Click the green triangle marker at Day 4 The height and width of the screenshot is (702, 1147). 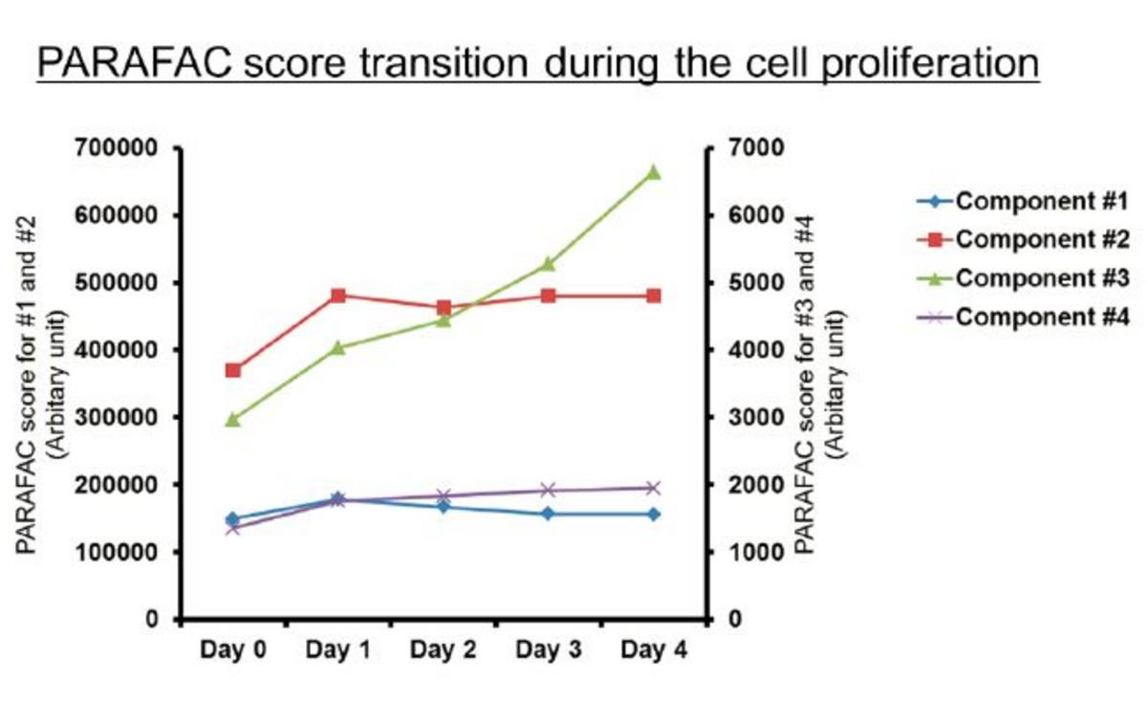pyautogui.click(x=654, y=173)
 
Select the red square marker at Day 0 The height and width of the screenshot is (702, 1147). pyautogui.click(x=232, y=370)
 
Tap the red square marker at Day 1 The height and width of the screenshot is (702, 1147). pyautogui.click(x=337, y=296)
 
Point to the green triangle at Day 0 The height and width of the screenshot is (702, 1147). pyautogui.click(x=232, y=419)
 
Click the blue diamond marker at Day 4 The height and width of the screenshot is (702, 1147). pyautogui.click(x=654, y=515)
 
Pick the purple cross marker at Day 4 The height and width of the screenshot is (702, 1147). pyautogui.click(x=654, y=488)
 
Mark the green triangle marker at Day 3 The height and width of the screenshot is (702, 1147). pyautogui.click(x=549, y=264)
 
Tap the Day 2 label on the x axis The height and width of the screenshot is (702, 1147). pyautogui.click(x=443, y=651)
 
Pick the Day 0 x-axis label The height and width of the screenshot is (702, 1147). pyautogui.click(x=232, y=651)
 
